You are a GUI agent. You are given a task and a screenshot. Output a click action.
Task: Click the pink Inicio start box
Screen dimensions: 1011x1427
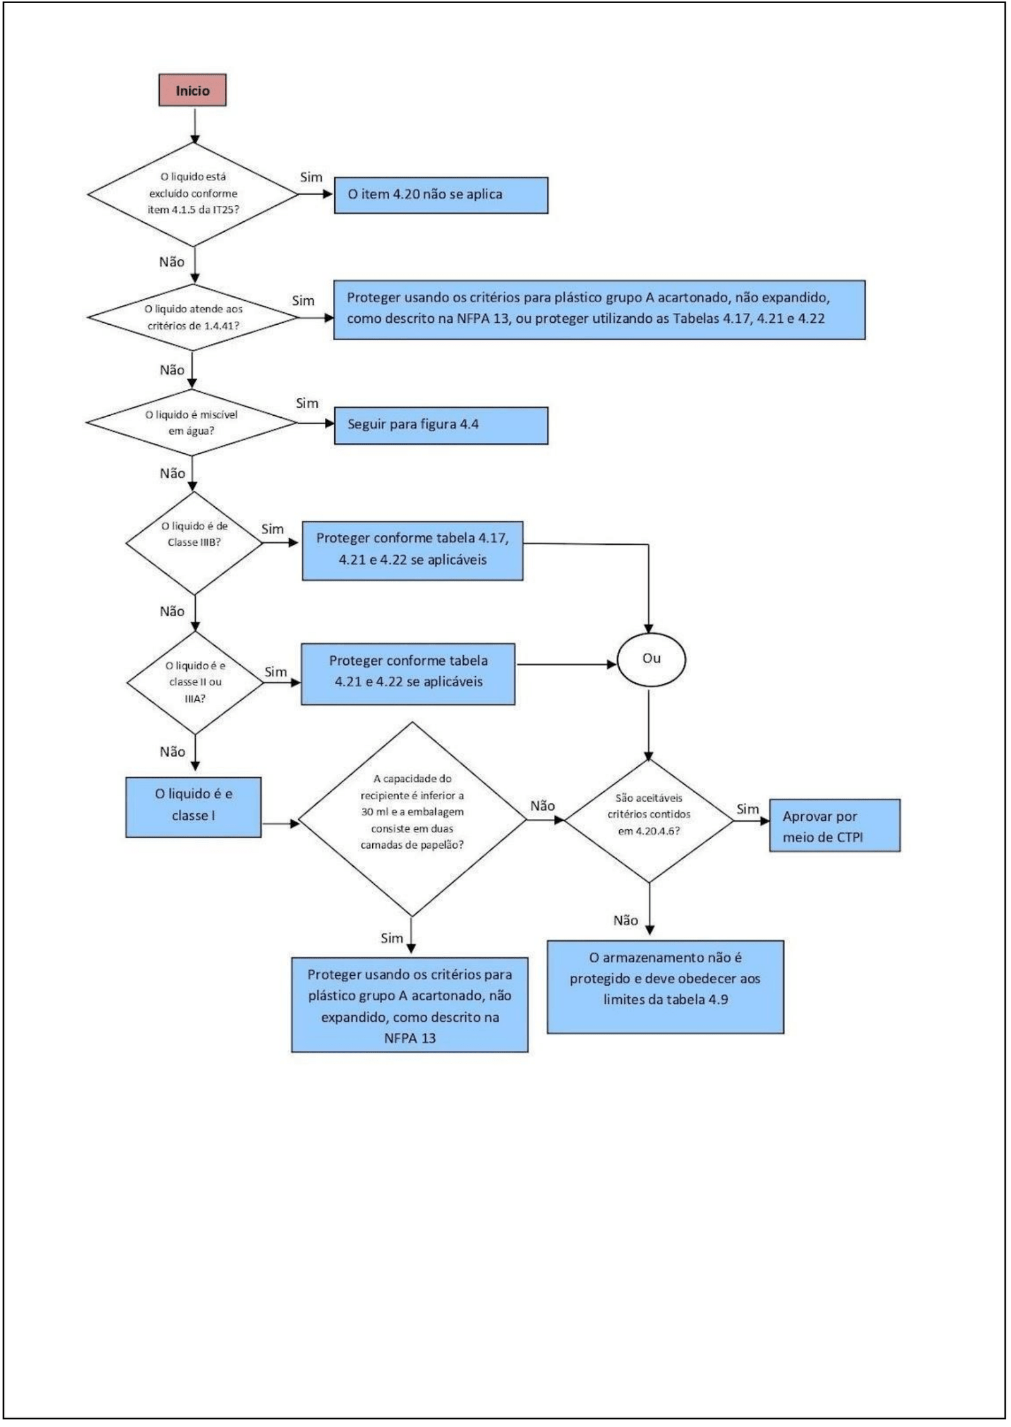tap(192, 90)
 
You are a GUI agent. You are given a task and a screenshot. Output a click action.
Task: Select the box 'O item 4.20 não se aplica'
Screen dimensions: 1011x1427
tap(441, 195)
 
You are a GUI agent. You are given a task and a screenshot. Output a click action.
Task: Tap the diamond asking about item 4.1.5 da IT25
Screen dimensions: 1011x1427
tap(193, 194)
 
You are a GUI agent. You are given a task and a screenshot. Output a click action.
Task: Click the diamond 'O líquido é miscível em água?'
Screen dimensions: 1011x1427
tap(191, 423)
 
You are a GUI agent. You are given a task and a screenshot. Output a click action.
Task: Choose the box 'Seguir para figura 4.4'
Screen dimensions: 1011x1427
tap(441, 425)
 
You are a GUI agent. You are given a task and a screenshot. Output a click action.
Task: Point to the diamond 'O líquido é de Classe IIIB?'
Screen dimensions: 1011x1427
tap(194, 543)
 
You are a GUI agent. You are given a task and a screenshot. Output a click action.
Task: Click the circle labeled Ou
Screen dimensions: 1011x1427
tap(651, 659)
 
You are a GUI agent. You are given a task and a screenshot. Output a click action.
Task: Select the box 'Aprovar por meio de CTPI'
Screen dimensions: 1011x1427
tap(835, 825)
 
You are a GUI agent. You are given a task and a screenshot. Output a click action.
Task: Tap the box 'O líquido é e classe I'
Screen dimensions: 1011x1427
tap(193, 807)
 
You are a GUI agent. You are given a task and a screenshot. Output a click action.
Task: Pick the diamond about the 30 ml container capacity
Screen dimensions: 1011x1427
tap(412, 819)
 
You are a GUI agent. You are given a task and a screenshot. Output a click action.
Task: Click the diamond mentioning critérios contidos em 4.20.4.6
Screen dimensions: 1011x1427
tap(649, 821)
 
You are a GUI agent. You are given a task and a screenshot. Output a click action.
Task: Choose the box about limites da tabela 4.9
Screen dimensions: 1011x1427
tap(665, 987)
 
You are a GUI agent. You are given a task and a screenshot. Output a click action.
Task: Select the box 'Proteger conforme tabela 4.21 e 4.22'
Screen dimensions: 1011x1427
tap(408, 674)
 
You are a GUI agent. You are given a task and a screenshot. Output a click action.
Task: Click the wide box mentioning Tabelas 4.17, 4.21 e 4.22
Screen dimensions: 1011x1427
tap(600, 310)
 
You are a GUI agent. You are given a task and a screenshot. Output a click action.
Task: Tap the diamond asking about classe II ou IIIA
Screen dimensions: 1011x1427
tap(195, 683)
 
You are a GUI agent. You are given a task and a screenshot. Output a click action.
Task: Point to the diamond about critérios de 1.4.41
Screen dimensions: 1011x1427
tap(192, 317)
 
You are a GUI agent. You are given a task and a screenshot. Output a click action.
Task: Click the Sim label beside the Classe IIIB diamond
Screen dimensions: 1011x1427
tap(272, 529)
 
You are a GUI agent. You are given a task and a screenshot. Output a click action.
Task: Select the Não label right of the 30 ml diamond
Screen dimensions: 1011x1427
tap(543, 806)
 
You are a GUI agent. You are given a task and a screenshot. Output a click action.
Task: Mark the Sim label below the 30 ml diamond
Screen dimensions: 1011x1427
tap(392, 938)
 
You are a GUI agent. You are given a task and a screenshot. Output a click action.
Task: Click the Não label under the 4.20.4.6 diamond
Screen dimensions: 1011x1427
tap(626, 920)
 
